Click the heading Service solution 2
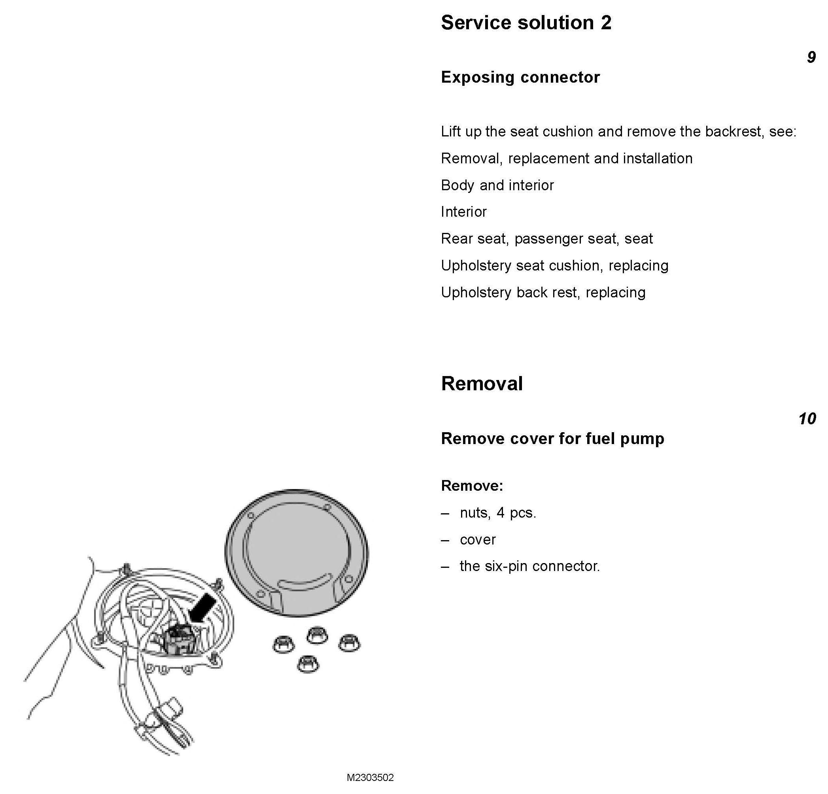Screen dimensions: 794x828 point(526,23)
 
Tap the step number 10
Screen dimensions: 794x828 point(807,419)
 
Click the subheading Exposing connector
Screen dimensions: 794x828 point(520,77)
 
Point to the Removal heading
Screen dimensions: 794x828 point(482,384)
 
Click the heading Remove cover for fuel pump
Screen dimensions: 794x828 point(552,439)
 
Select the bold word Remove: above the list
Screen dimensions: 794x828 point(472,486)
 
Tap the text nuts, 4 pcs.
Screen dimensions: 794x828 point(498,513)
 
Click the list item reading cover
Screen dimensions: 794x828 point(477,540)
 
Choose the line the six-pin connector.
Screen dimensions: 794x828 point(529,566)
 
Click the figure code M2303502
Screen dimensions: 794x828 point(370,778)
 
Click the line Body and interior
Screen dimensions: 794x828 point(497,185)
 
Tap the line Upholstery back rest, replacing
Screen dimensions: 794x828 point(543,293)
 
